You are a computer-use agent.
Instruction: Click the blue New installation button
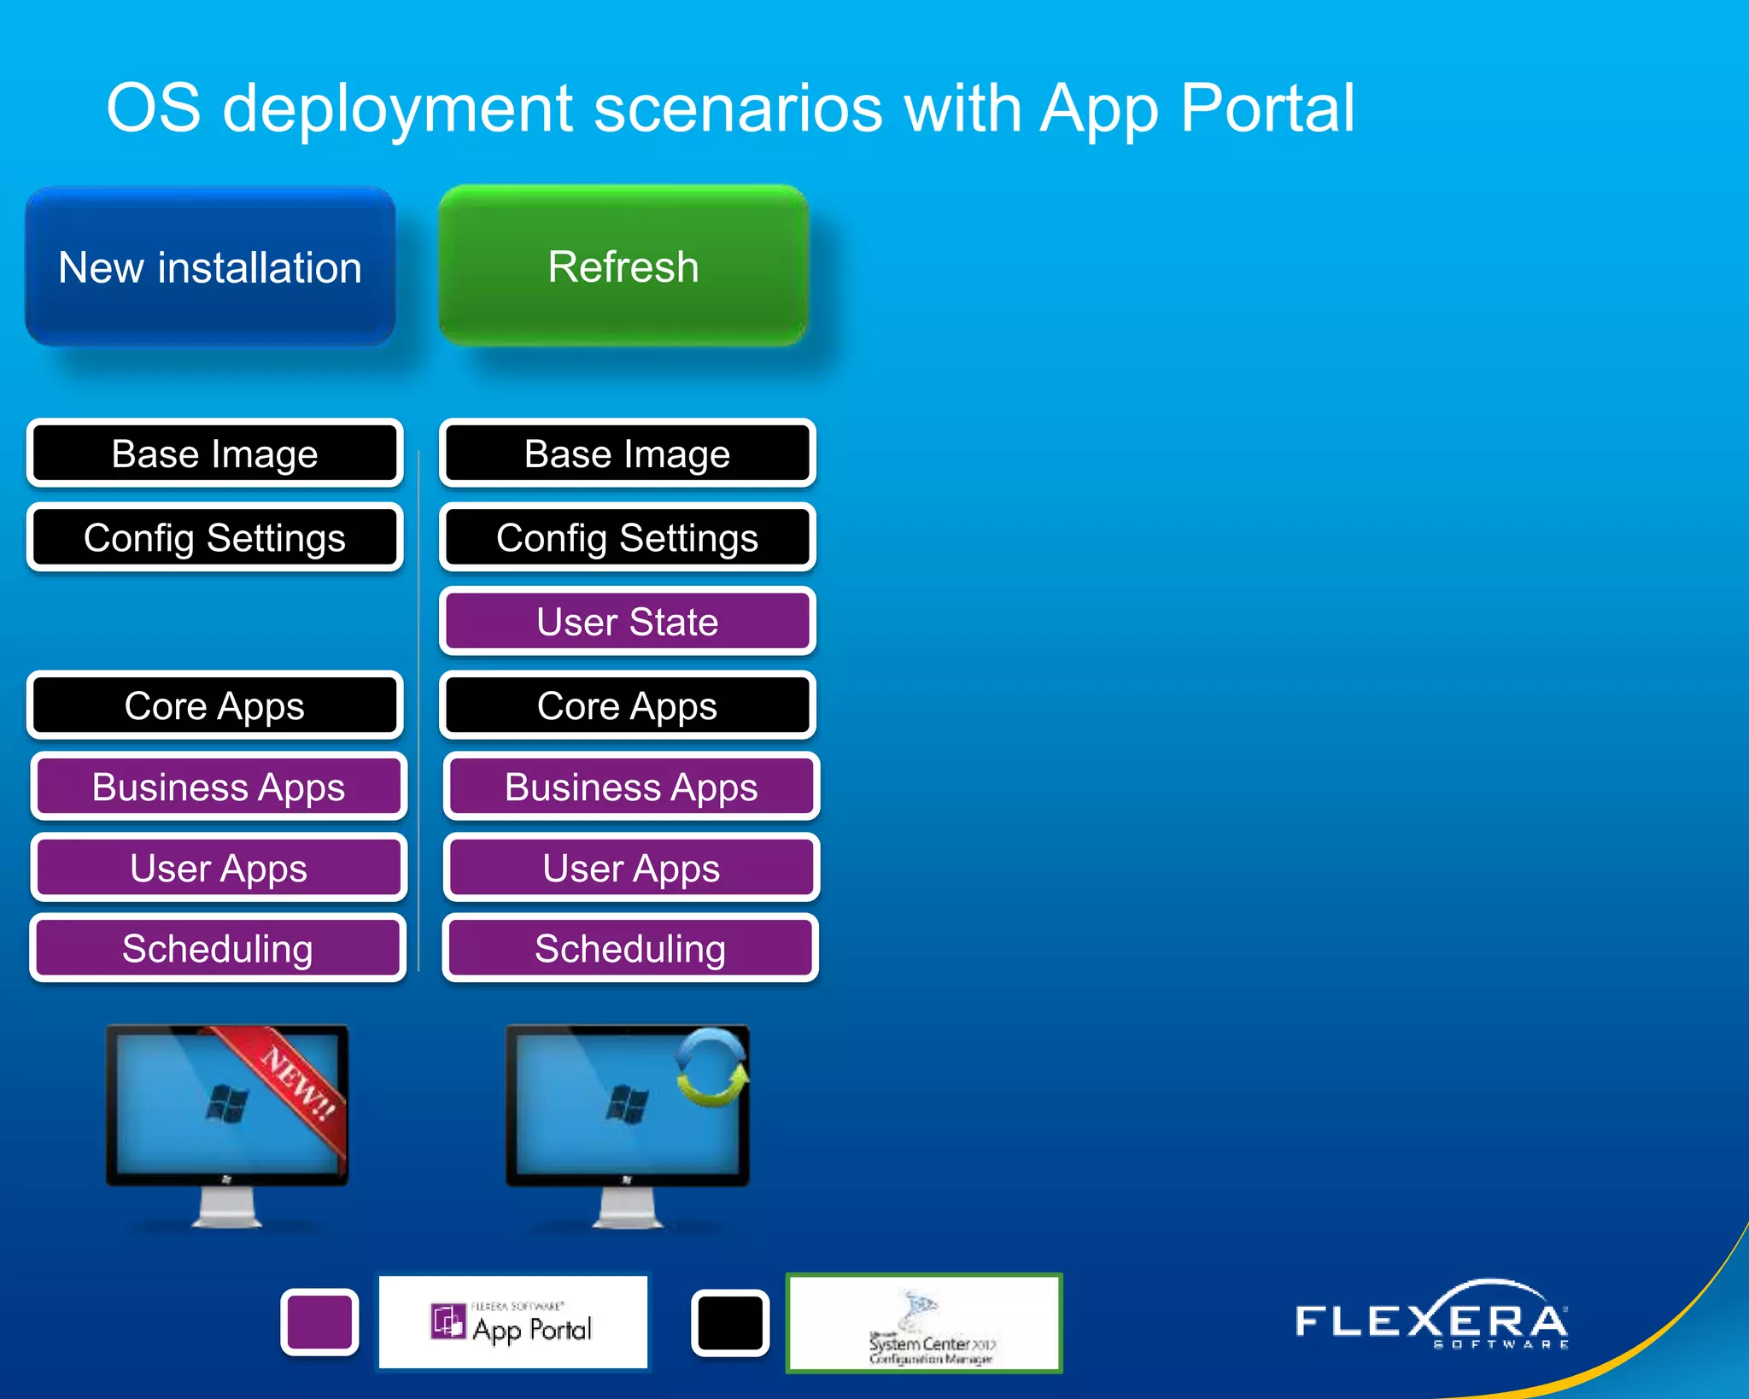tap(210, 267)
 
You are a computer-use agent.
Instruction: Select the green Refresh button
tap(623, 266)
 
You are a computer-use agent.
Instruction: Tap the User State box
tap(628, 622)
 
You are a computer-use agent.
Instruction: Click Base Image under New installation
tap(214, 454)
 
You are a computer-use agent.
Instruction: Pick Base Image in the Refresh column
tap(628, 454)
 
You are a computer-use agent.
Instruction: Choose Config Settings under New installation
tap(214, 538)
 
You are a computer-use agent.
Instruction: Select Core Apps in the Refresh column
tap(628, 706)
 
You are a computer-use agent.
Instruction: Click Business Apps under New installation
tap(219, 787)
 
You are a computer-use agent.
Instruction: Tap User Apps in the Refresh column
tap(631, 869)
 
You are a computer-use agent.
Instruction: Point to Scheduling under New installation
tap(217, 949)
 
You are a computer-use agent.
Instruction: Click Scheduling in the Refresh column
tap(630, 949)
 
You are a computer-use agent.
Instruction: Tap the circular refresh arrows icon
tap(711, 1068)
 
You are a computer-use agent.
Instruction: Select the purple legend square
tap(319, 1322)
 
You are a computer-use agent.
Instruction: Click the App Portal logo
tap(513, 1323)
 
